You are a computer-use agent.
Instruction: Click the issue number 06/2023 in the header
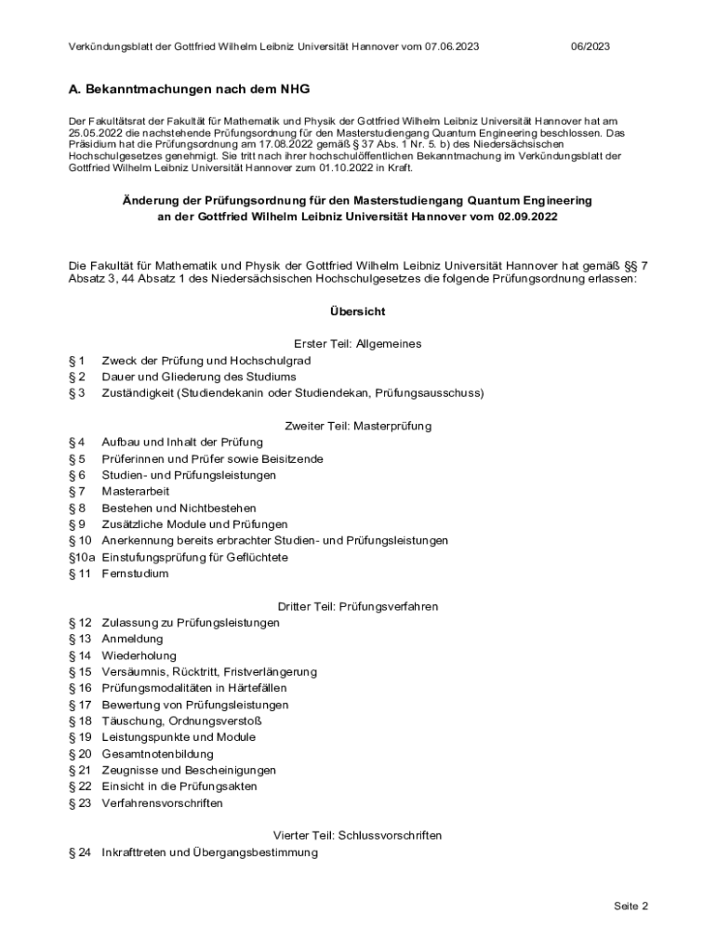click(x=590, y=46)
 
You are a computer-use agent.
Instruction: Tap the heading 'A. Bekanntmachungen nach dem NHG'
click(x=189, y=90)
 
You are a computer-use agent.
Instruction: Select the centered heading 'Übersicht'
click(x=358, y=311)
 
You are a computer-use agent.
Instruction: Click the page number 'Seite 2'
click(x=630, y=906)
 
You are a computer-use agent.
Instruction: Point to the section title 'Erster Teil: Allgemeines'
click(x=358, y=344)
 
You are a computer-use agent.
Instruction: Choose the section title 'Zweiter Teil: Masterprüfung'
click(x=358, y=426)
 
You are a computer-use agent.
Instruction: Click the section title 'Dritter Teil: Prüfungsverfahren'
click(x=358, y=606)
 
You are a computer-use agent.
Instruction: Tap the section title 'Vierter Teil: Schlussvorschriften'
click(x=358, y=835)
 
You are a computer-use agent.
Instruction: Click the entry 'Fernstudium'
click(x=135, y=574)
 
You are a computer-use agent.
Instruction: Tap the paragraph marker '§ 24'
click(x=80, y=852)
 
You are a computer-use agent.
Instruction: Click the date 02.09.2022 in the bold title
click(x=528, y=217)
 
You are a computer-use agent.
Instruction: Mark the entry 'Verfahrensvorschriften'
click(x=162, y=802)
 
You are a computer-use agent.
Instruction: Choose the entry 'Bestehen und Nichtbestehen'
click(x=179, y=508)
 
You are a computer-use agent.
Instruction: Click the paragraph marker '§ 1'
click(x=77, y=360)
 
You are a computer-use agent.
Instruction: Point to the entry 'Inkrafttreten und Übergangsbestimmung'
click(x=209, y=852)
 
